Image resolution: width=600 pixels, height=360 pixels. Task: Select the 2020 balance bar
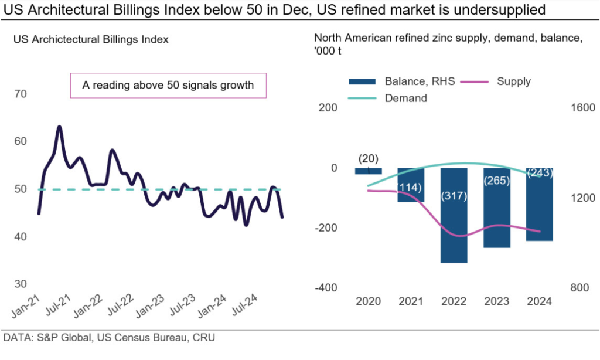(x=369, y=171)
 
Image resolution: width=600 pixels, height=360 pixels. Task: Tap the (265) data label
(x=496, y=181)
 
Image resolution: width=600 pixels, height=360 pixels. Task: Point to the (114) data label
(x=411, y=186)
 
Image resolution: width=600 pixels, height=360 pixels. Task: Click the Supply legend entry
(x=513, y=81)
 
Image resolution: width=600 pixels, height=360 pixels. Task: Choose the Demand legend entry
(x=405, y=99)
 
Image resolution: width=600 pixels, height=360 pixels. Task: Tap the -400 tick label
(x=326, y=287)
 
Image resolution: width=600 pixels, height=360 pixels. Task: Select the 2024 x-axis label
(x=539, y=301)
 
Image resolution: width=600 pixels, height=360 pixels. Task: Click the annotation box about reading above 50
(x=168, y=85)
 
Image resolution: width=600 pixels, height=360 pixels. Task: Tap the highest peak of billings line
(x=59, y=127)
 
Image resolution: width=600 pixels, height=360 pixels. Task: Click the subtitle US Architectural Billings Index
(x=91, y=40)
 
